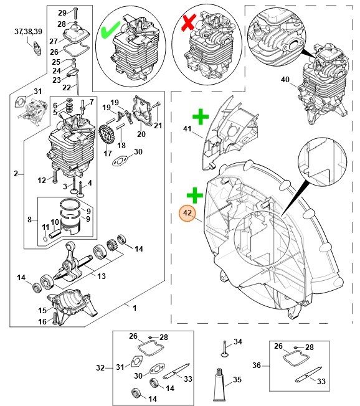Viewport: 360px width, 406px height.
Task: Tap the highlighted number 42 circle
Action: (x=187, y=214)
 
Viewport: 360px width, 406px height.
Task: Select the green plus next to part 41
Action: (x=199, y=116)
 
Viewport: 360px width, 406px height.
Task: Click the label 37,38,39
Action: (x=29, y=31)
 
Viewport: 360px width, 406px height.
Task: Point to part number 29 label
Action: (x=60, y=12)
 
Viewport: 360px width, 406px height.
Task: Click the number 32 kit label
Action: (x=101, y=368)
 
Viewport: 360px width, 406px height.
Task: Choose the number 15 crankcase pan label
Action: (x=42, y=309)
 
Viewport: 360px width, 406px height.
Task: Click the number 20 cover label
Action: (x=141, y=134)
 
